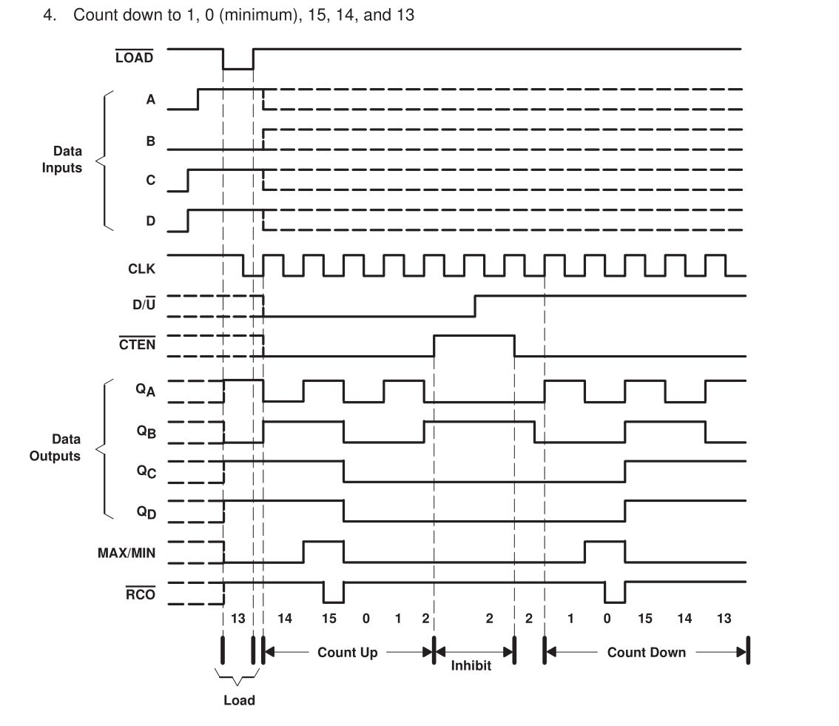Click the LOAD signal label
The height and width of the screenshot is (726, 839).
(x=134, y=58)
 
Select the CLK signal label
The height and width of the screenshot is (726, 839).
(x=141, y=269)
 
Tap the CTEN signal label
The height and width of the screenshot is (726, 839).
(x=137, y=344)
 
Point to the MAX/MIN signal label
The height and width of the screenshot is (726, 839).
(x=127, y=552)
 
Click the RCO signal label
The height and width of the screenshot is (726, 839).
(x=140, y=594)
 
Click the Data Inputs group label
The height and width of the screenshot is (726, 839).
(x=62, y=159)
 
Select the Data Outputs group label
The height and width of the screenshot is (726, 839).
(x=55, y=447)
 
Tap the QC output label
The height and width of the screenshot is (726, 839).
(x=146, y=471)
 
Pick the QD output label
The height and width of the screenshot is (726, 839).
(x=146, y=511)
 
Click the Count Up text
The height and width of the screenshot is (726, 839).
(x=347, y=652)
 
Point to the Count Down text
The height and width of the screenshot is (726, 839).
(x=646, y=652)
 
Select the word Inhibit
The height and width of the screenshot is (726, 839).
(x=471, y=665)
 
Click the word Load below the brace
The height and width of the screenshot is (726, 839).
(x=239, y=700)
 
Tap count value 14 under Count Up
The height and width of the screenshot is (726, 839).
(x=285, y=618)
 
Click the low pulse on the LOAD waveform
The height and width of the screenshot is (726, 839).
(x=238, y=67)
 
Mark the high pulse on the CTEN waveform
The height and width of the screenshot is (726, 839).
(x=474, y=336)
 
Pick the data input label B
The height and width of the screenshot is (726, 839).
(x=151, y=140)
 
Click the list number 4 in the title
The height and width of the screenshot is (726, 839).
(x=50, y=15)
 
